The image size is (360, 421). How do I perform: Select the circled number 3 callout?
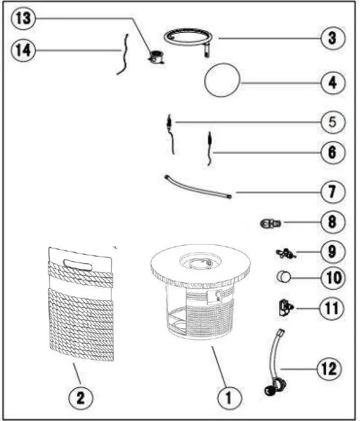coord(332,39)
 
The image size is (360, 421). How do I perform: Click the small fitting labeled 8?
coord(269,223)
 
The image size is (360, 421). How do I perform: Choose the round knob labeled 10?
coord(283,278)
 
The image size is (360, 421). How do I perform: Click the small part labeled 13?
coord(157,56)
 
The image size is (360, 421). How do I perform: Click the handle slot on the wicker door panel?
coord(76,263)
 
